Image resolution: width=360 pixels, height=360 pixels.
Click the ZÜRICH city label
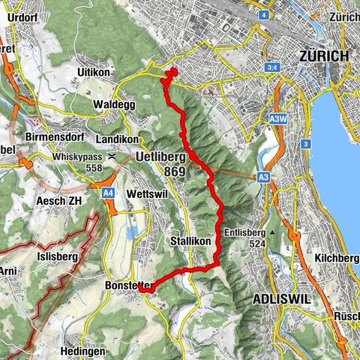[323, 56]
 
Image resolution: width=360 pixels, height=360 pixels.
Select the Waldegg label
[114, 105]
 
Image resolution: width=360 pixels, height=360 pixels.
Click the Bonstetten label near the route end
[130, 286]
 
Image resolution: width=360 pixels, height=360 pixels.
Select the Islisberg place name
[53, 253]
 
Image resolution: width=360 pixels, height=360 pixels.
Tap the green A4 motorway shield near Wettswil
[109, 193]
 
